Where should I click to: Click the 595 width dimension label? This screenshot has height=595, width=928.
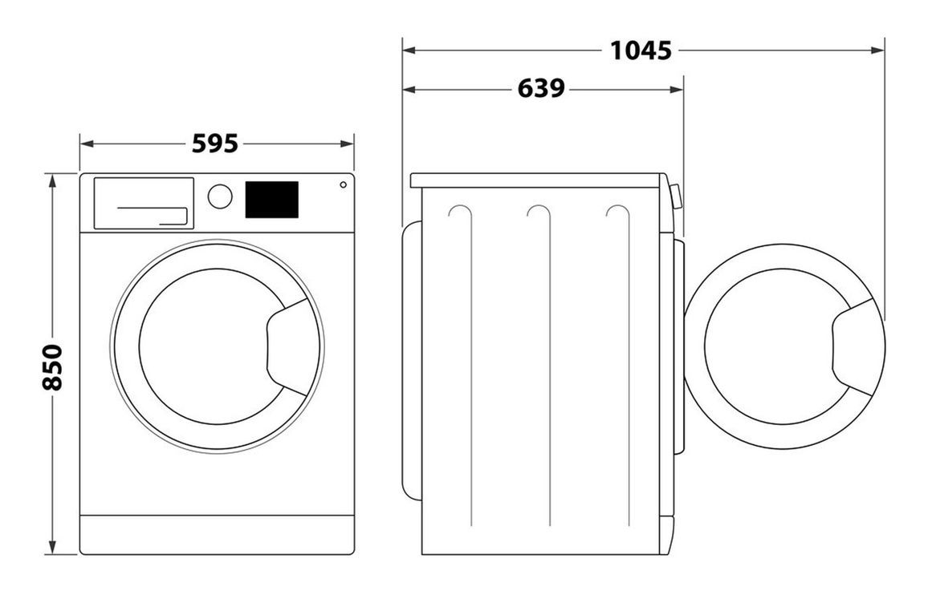coord(215,144)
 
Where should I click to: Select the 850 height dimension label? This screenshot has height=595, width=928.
coord(53,367)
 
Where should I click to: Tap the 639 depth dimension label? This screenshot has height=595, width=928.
coord(541,89)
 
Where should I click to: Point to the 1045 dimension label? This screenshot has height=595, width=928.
coord(641,51)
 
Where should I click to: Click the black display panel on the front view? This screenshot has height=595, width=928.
coord(271,200)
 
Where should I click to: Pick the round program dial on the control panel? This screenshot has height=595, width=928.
coord(220,196)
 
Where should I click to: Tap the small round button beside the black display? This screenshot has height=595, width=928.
coord(344,185)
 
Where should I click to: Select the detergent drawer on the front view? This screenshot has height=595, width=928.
coord(144,203)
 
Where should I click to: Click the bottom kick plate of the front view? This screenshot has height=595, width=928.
coord(218,535)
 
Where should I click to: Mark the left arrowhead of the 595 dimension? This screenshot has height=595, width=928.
coord(87,144)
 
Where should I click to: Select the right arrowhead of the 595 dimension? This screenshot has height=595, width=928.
coord(347,144)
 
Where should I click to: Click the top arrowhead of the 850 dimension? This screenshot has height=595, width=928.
coord(53,180)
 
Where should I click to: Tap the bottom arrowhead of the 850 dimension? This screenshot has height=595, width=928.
coord(53,548)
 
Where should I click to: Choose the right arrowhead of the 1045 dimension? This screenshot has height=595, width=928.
coord(877,51)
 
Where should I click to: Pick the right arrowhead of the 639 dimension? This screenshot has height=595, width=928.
coord(677,90)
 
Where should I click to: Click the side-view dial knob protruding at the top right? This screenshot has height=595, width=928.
coord(677,196)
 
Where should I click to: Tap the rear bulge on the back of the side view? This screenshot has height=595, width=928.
coord(412,361)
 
